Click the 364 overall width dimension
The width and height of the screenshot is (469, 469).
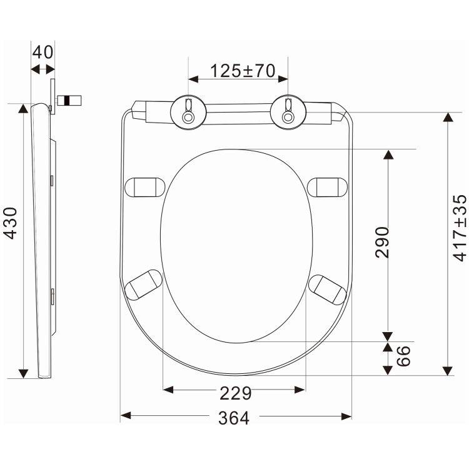(234, 418)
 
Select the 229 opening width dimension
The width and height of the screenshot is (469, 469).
(234, 393)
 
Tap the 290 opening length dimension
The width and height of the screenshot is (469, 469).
(383, 242)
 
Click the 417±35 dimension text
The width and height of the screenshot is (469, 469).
(460, 228)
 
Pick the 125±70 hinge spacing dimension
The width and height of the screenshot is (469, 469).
(242, 71)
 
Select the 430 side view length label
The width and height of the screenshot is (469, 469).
(11, 223)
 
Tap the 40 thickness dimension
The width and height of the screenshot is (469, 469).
(43, 52)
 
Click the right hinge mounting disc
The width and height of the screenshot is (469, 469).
(288, 111)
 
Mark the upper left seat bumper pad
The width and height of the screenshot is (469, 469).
(145, 186)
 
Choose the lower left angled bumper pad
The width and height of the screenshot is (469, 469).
(143, 285)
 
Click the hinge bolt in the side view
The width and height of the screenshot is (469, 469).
(69, 100)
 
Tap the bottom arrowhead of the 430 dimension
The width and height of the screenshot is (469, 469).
(24, 373)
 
